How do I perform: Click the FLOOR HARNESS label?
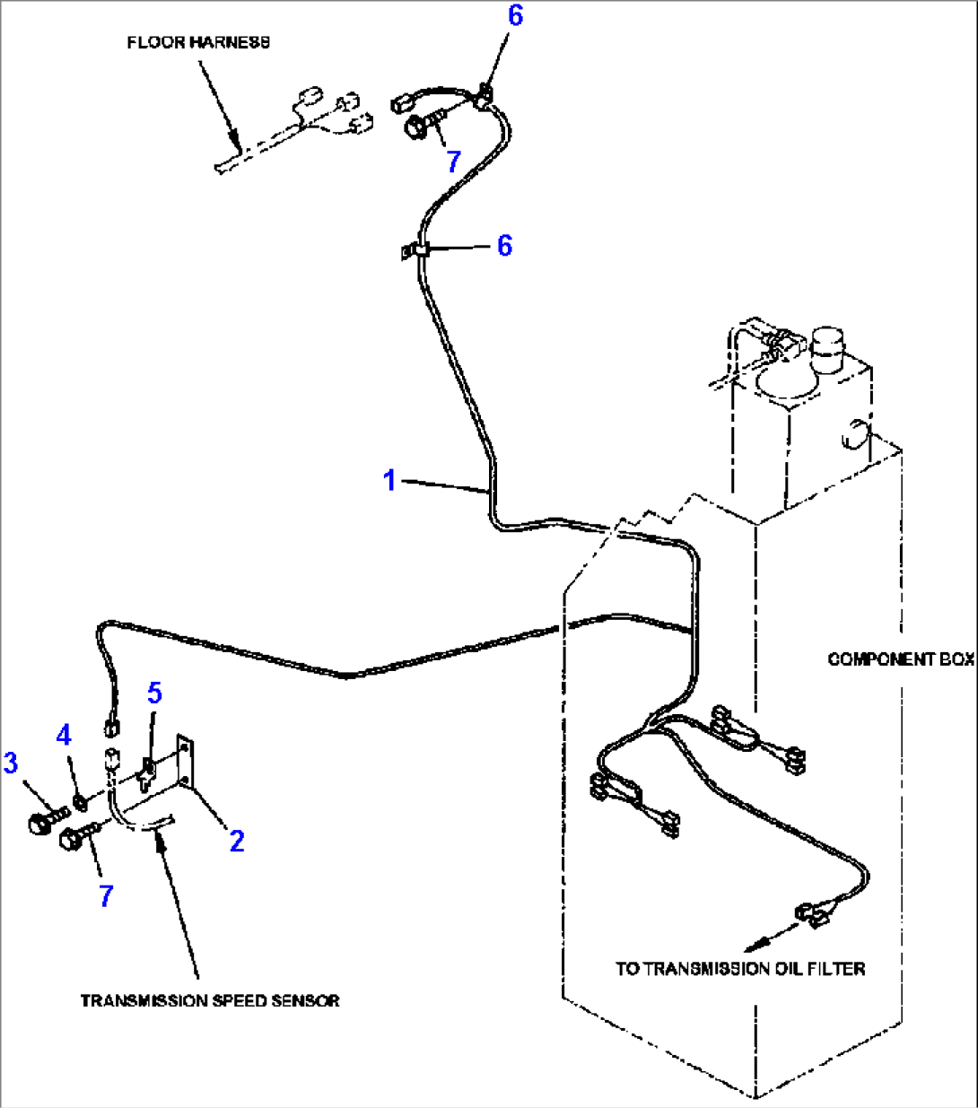[197, 42]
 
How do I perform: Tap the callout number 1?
[389, 481]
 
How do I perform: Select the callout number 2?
[236, 841]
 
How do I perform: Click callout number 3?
[11, 763]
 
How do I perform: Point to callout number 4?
[63, 737]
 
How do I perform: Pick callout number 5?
[155, 693]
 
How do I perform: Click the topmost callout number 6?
[514, 16]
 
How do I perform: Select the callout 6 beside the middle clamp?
[504, 245]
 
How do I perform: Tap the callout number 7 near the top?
[453, 161]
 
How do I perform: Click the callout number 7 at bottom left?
[106, 894]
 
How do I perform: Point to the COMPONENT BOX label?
[900, 659]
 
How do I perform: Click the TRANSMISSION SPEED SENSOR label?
[210, 1000]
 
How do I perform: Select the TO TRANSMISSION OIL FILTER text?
[739, 969]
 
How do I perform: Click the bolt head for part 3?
[40, 824]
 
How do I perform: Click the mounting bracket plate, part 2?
[184, 762]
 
